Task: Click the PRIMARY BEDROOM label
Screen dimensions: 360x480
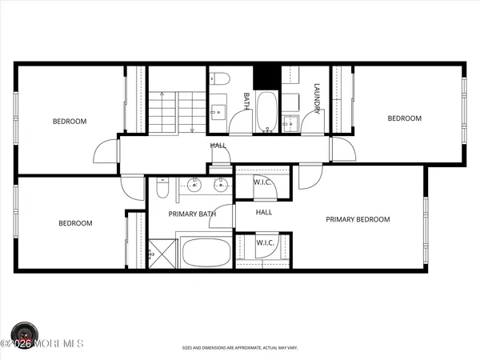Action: click(358, 219)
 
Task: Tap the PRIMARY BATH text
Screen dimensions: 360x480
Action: click(191, 214)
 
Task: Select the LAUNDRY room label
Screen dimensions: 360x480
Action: click(317, 98)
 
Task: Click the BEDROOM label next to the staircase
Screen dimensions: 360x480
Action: click(70, 122)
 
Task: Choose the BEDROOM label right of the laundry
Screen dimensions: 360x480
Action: click(404, 118)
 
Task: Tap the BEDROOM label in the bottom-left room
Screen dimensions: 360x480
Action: click(75, 223)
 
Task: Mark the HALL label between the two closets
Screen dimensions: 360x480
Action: click(264, 212)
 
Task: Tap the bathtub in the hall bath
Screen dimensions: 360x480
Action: click(266, 112)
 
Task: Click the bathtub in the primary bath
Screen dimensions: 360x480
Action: click(204, 254)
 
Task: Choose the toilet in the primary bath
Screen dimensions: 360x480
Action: click(162, 189)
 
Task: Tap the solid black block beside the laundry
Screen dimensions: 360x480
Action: click(264, 78)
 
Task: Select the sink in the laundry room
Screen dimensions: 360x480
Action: click(290, 122)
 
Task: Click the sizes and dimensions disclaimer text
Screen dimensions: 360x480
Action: click(240, 347)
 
